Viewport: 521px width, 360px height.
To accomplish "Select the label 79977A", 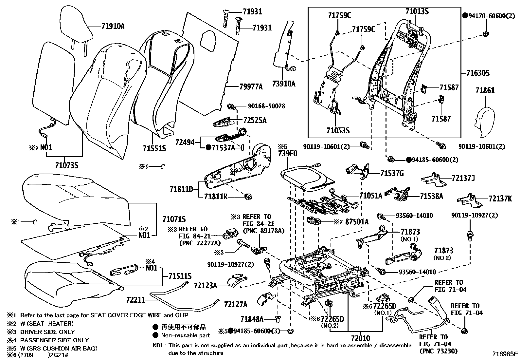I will pos(251,87).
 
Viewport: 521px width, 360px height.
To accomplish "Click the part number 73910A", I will pos(283,84).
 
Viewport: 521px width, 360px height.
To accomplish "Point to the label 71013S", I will pos(417,11).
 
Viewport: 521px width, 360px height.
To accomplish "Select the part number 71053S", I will pos(338,131).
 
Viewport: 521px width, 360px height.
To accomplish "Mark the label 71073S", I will pos(67,165).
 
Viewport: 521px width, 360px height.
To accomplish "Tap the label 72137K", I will pos(500,199).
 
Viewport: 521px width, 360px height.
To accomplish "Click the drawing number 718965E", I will pos(506,354).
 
